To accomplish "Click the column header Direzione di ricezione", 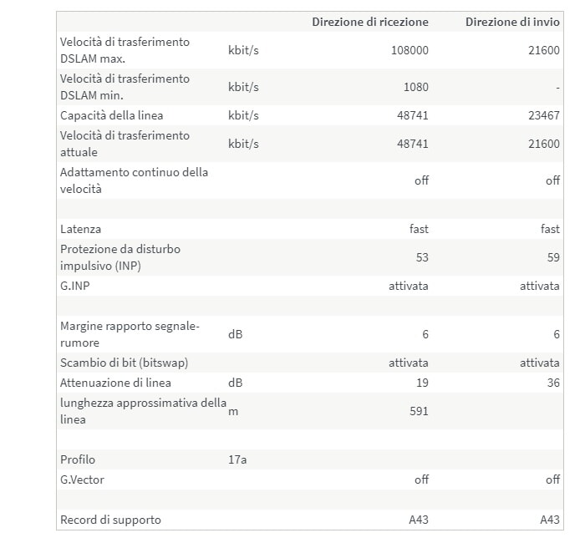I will [x=370, y=22].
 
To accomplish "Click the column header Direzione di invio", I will [x=512, y=22].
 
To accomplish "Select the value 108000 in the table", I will [x=410, y=50].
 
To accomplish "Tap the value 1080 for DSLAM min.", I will [x=415, y=87].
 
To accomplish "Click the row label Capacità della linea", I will [x=112, y=115].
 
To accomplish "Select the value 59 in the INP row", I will [x=553, y=257].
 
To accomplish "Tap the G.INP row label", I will [x=76, y=286].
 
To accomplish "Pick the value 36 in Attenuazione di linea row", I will [x=553, y=383].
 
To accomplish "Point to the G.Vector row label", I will [x=82, y=480].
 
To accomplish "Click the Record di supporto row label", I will [x=110, y=520].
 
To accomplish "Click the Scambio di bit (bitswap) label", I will [x=124, y=363].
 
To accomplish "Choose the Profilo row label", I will [x=78, y=459].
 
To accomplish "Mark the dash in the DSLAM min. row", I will [x=557, y=87].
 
